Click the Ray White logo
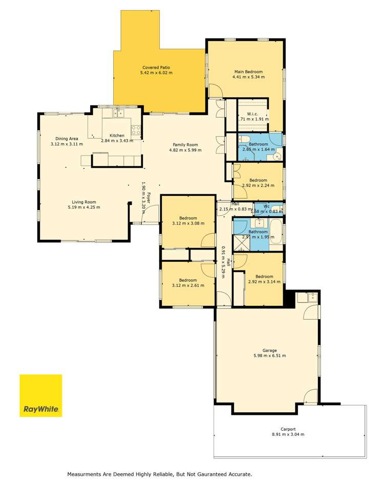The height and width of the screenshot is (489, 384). coord(41,395)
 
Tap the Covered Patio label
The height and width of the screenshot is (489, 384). coord(156,68)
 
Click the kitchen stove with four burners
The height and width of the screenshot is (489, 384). coord(136,130)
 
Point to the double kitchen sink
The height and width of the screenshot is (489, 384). coord(119,114)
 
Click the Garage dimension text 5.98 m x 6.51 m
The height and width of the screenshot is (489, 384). coord(269,355)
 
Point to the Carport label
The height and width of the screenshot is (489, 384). coord(288,429)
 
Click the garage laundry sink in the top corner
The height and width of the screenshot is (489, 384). coord(311,297)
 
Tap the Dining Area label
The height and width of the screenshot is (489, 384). coord(67,139)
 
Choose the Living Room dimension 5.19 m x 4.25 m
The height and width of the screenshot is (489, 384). coord(83,207)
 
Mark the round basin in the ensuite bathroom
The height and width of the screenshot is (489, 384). coord(277,157)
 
